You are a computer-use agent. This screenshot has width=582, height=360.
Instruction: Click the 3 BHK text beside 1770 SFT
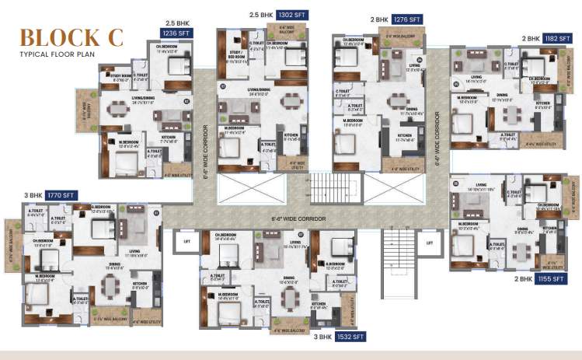[x=33, y=195]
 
